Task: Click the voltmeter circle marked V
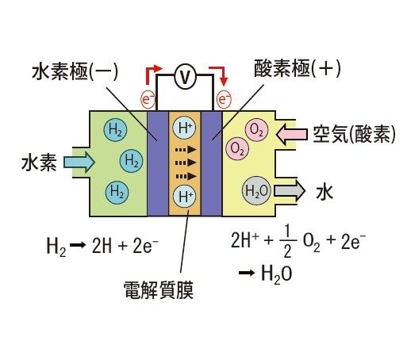[185, 76]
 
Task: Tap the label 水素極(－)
[75, 72]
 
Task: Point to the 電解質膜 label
[159, 290]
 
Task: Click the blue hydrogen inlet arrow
[79, 162]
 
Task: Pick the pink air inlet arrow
[292, 134]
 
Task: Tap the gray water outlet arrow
[290, 190]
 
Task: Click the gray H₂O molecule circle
[256, 191]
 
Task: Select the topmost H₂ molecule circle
[115, 130]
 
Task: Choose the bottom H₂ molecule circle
[117, 192]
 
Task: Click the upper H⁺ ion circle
[184, 128]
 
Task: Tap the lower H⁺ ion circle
[185, 197]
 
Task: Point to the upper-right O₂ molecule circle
[257, 130]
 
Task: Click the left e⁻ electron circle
[148, 99]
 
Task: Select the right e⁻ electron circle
[224, 99]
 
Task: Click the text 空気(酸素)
[355, 134]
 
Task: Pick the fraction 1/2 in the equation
[287, 241]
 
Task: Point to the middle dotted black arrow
[186, 163]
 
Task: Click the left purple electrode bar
[158, 163]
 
